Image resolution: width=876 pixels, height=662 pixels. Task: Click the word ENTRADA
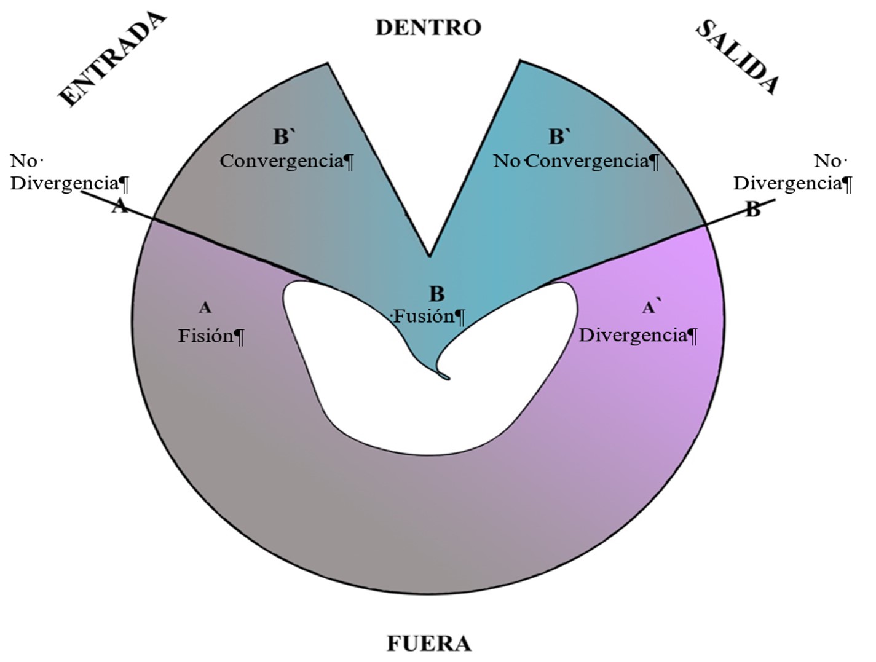(112, 59)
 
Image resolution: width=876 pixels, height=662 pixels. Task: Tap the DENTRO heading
(428, 28)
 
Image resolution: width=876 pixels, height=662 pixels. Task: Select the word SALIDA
(738, 57)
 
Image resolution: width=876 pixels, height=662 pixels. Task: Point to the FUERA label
(428, 644)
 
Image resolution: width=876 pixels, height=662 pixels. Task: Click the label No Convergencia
(576, 161)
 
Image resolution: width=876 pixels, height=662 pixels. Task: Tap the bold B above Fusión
(436, 294)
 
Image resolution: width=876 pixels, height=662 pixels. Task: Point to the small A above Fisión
(205, 307)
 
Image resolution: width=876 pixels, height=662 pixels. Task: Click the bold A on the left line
(120, 207)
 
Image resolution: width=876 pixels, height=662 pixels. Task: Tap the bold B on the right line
(752, 210)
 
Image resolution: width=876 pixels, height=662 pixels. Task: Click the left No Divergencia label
(69, 172)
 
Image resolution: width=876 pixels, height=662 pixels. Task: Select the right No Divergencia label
(793, 172)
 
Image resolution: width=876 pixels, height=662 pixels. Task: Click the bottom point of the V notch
(429, 256)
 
